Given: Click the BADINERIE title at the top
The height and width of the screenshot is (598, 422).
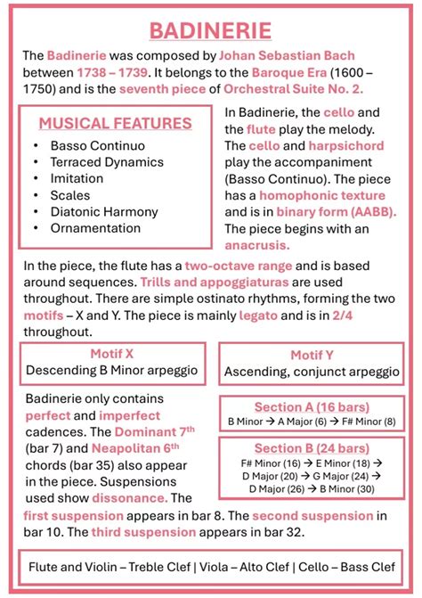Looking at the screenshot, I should tap(211, 31).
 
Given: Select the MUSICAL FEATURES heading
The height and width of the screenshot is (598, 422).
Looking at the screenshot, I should tap(115, 123).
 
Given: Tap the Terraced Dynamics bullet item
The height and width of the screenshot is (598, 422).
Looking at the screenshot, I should tap(107, 162).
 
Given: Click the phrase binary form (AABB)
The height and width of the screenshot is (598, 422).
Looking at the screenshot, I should tap(337, 212).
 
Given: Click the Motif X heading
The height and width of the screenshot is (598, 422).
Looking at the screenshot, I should tap(112, 354).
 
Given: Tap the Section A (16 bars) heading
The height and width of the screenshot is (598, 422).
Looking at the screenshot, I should tap(311, 405).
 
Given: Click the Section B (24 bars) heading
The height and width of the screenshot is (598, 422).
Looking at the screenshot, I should tap(311, 447).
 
